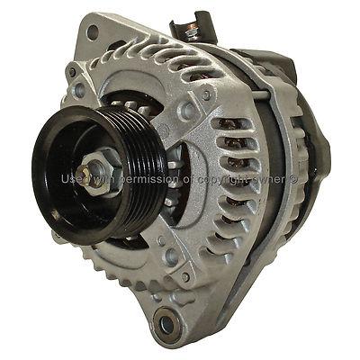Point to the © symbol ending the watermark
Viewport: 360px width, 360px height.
click(x=305, y=180)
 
